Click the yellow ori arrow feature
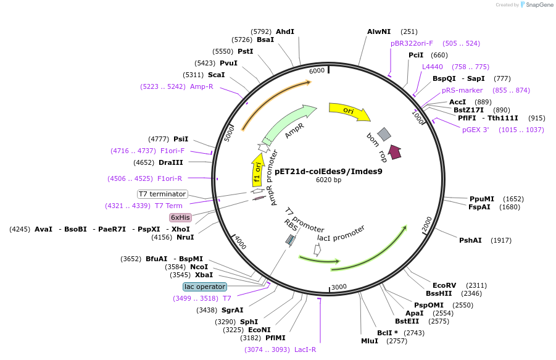point(349,111)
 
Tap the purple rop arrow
point(394,153)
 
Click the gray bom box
point(384,134)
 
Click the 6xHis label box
point(180,217)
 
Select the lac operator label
point(205,287)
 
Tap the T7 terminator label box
point(162,194)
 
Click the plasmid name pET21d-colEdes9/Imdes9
point(328,171)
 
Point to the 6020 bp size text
point(328,180)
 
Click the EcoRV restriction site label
point(444,285)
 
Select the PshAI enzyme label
point(470,240)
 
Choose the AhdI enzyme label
point(285,31)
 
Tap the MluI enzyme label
point(370,341)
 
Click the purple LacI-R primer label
point(305,350)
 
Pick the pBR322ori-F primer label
point(412,43)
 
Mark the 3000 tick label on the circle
point(339,287)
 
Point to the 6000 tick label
point(317,70)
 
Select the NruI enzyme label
point(185,237)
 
